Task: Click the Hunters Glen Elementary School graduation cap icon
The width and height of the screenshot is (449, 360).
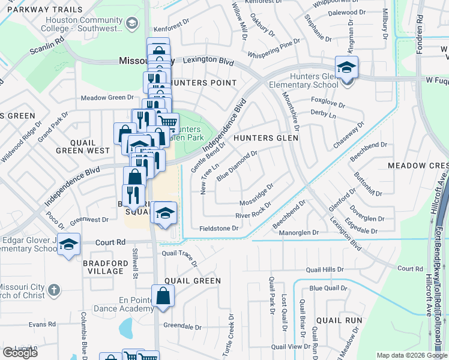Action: click(x=346, y=67)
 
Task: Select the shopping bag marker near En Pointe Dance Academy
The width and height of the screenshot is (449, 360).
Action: click(x=163, y=296)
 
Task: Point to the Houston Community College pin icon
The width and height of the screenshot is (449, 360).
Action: click(x=132, y=23)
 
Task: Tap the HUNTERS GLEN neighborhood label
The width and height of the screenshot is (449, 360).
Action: click(x=266, y=138)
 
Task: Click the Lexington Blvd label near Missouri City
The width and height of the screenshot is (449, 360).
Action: click(x=208, y=61)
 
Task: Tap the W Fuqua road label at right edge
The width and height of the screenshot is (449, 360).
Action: click(x=436, y=79)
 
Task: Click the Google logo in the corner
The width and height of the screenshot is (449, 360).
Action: click(x=20, y=353)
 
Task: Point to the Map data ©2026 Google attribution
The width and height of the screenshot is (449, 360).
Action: click(x=411, y=355)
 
